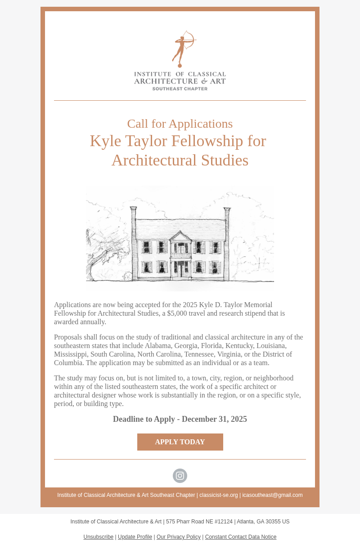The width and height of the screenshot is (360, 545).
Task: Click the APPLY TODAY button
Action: point(180,442)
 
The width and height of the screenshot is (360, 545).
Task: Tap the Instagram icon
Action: point(180,476)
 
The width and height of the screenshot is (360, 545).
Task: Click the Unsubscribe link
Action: point(98,537)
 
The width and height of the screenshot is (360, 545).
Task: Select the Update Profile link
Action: point(135,537)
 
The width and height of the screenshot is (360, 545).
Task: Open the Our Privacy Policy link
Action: point(179,537)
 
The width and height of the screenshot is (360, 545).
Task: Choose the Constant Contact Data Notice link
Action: point(241,537)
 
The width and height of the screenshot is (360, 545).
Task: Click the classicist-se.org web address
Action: point(219,495)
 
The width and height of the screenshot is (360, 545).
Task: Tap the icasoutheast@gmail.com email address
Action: point(272,495)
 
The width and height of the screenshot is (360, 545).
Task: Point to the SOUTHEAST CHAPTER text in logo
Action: point(180,89)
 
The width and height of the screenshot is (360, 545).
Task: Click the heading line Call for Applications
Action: point(180,124)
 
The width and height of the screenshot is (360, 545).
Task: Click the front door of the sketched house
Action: point(181,269)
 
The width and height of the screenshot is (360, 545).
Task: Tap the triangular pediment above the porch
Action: point(180,237)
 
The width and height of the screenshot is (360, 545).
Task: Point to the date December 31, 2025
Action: point(214,419)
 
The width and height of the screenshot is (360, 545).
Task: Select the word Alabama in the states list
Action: point(158,346)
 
